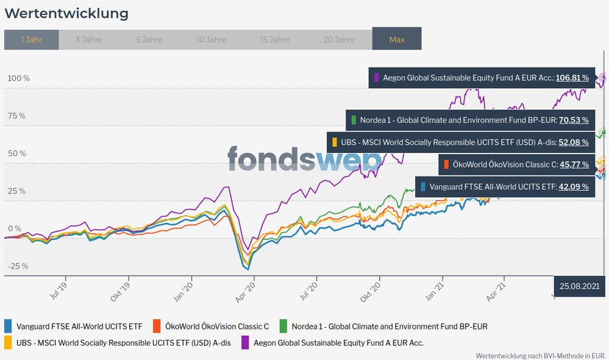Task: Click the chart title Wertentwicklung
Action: coord(66,13)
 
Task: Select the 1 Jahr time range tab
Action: coord(31,40)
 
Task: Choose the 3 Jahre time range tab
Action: coord(89,40)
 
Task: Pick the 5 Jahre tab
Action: coord(149,40)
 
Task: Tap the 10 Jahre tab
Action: coord(212,40)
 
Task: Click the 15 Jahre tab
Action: coord(275,40)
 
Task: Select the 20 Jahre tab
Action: coord(339,40)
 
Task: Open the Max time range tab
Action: coord(397,40)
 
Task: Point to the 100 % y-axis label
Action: coord(18,79)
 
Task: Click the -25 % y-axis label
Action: coord(18,266)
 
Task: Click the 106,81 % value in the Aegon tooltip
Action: coord(572,78)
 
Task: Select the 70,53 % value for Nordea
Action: coord(574,120)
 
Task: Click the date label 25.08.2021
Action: coord(579,285)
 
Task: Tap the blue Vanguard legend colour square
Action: coord(9,326)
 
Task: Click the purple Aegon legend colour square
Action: coord(246,342)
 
